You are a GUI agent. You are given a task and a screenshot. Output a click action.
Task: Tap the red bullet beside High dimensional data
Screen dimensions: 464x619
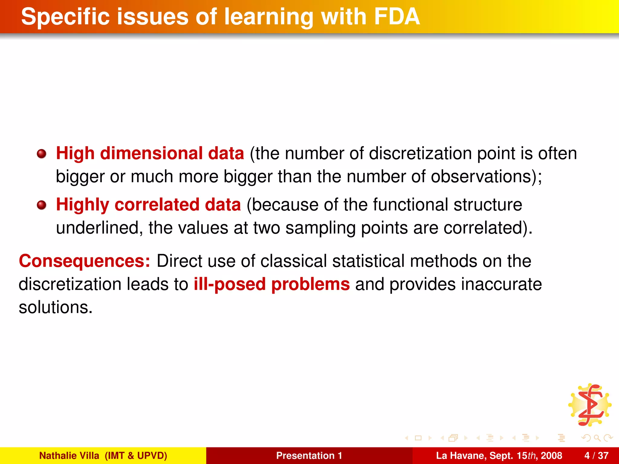(x=41, y=154)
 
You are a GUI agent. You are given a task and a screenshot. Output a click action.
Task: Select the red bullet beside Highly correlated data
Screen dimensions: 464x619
(x=41, y=205)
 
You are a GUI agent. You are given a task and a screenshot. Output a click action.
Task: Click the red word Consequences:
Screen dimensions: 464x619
(x=84, y=261)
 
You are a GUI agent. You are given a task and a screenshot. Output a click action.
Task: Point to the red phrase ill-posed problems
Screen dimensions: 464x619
(x=271, y=284)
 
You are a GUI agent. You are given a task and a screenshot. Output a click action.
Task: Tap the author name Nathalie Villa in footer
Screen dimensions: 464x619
(x=69, y=456)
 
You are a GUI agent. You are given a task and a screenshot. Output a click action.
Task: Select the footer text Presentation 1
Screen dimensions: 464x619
(x=309, y=456)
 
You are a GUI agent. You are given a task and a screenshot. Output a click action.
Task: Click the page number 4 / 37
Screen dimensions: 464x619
(x=596, y=456)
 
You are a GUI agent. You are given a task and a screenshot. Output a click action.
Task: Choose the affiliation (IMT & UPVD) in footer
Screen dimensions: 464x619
(x=136, y=456)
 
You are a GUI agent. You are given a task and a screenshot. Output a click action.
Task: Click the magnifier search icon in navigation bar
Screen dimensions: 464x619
(x=597, y=438)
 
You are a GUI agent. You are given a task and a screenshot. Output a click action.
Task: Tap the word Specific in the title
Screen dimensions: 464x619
(x=65, y=17)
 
